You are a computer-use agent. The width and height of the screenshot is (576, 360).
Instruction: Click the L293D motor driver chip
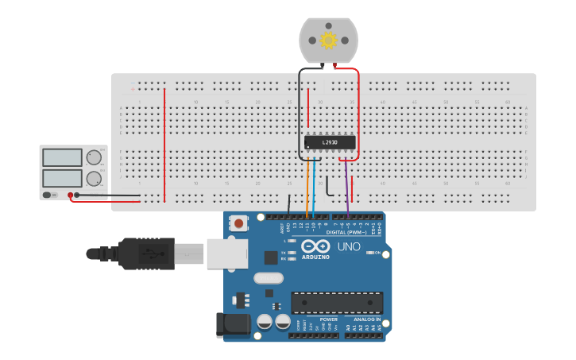click(x=330, y=142)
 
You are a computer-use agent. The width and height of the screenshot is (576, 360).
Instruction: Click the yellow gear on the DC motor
click(x=328, y=38)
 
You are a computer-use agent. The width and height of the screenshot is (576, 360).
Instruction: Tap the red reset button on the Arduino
click(x=239, y=224)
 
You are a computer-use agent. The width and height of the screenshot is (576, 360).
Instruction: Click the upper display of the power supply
click(x=63, y=157)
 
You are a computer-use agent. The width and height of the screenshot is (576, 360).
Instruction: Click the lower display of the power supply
click(x=63, y=177)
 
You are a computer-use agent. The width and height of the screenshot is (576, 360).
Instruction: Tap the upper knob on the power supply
click(x=94, y=157)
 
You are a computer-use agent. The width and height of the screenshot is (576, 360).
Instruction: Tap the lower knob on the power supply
click(x=94, y=178)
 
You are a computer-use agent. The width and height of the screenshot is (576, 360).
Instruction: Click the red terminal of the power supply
click(x=70, y=195)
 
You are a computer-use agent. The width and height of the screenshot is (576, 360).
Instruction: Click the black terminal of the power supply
click(x=77, y=195)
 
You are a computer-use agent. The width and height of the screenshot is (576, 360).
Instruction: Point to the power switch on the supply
click(x=49, y=195)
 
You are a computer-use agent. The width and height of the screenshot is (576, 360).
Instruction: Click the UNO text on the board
click(x=350, y=246)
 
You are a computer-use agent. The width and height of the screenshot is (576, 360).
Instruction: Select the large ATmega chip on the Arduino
click(x=337, y=302)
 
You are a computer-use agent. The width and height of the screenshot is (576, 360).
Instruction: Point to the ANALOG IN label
click(x=367, y=319)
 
